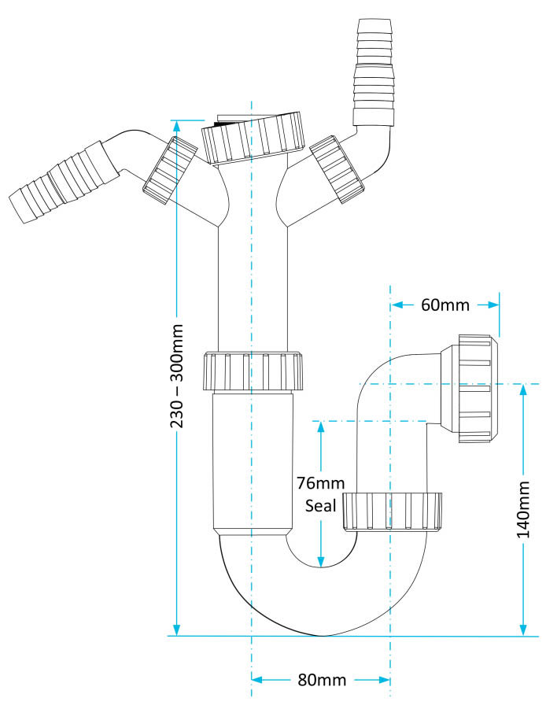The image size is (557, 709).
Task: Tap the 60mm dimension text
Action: (444, 305)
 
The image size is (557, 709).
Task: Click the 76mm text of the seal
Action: (319, 482)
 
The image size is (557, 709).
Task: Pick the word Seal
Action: (320, 504)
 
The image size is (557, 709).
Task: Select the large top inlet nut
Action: (253, 138)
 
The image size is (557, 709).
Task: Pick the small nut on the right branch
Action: (338, 168)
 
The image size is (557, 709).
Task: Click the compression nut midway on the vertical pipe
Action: (252, 371)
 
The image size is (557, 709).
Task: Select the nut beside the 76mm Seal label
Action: (392, 512)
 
